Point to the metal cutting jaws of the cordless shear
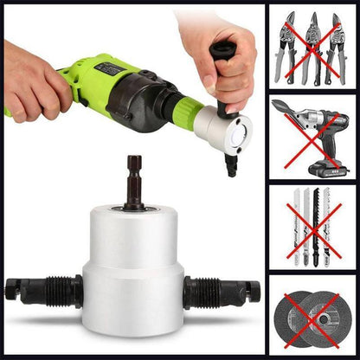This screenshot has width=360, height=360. tap(284, 111)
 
